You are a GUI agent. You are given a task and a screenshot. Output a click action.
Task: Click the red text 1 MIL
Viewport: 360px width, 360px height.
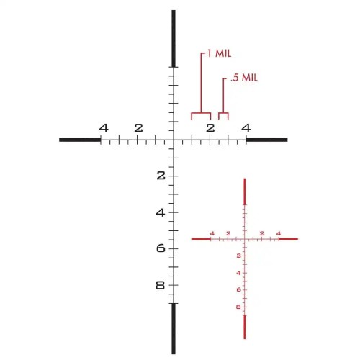pos(219,53)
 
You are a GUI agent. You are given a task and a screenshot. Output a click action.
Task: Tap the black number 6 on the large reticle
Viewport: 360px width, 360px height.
pos(160,248)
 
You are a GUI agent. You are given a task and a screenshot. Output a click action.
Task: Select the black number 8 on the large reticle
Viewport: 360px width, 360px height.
pos(160,285)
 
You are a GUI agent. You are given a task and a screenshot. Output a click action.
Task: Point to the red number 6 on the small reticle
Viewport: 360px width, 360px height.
pos(238,289)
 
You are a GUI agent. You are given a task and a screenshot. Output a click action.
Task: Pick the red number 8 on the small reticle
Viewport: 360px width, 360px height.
pos(238,307)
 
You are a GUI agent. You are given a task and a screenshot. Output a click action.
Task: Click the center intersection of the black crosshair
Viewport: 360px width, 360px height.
pos(174,140)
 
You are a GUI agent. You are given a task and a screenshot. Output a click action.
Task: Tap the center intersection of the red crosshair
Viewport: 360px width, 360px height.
pos(245,239)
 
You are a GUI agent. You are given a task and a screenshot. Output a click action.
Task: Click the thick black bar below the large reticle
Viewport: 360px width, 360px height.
pos(174,328)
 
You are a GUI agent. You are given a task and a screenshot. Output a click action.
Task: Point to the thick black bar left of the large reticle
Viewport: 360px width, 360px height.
pos(79,140)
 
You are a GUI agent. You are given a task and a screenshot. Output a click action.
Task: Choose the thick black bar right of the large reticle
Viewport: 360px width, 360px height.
pos(266,140)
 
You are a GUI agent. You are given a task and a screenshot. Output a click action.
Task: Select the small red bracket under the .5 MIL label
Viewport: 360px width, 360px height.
pos(223,114)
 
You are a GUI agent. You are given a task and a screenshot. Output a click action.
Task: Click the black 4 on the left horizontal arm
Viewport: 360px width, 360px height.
pos(104,128)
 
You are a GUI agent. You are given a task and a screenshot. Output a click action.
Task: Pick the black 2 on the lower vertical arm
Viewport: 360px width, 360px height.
pos(160,176)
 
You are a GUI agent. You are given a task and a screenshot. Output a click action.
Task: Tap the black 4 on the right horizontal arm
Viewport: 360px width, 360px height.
pos(246,128)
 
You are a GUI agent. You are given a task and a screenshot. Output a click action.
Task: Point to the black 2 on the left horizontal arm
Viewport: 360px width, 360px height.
pos(138,128)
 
